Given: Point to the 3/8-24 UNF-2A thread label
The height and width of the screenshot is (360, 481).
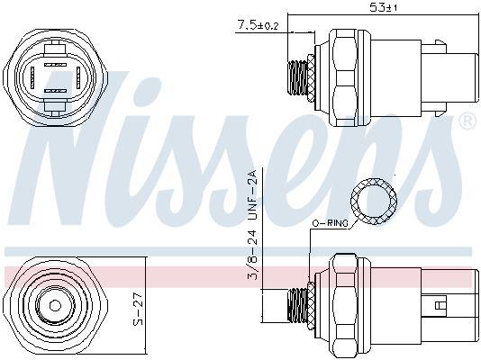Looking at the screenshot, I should tap(254, 233).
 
